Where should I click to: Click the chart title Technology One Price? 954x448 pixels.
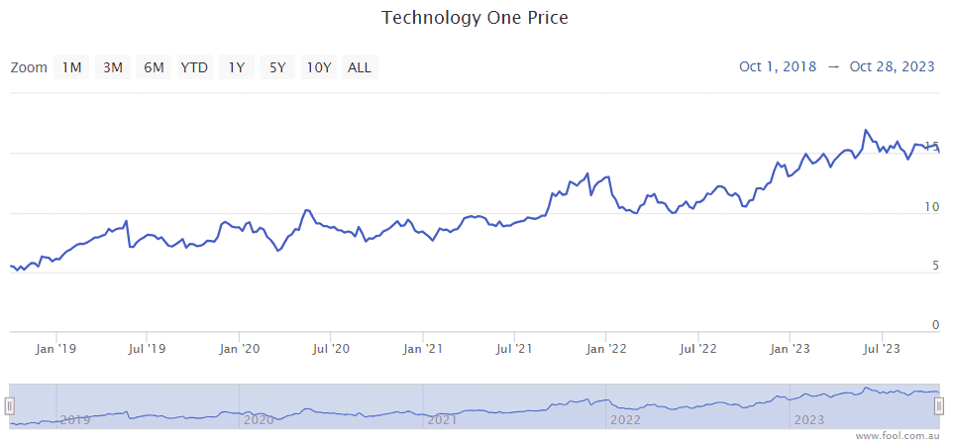[x=476, y=18]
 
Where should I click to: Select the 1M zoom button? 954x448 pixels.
[x=71, y=67]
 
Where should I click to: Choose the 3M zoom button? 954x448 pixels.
[x=113, y=67]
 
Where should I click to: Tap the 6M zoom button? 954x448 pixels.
[x=154, y=67]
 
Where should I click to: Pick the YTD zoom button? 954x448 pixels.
[x=194, y=67]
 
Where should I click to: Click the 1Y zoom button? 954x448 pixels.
[x=236, y=67]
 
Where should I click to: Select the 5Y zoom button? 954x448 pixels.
[x=277, y=67]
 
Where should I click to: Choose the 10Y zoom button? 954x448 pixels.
[x=318, y=67]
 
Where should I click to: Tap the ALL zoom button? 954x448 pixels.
[x=360, y=67]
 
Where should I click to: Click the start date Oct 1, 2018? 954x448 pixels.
[x=778, y=66]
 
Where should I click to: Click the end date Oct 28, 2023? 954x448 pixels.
[x=892, y=66]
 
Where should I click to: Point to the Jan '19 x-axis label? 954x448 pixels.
[x=55, y=349]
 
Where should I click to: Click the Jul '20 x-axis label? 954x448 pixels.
[x=331, y=349]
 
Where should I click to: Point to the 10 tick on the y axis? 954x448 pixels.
[x=930, y=207]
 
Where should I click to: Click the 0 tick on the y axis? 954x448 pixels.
[x=934, y=325]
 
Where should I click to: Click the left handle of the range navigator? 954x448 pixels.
[x=10, y=406]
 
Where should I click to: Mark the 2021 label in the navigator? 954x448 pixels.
[x=443, y=420]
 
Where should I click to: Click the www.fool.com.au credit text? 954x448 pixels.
[x=897, y=436]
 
